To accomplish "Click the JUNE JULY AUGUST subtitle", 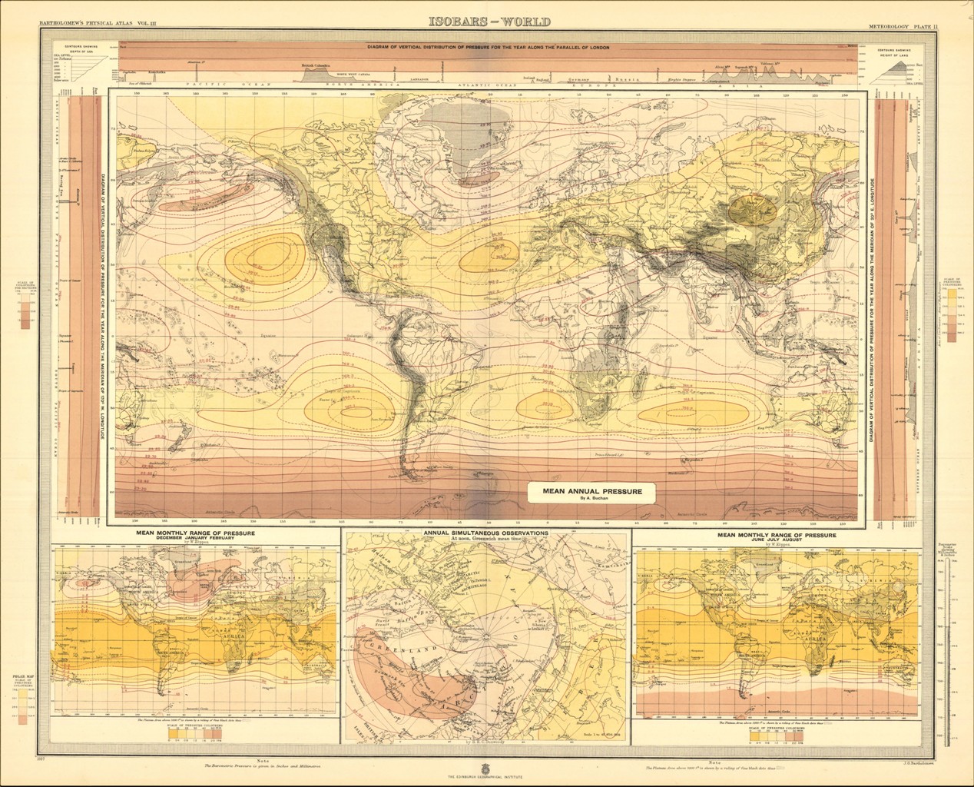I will (x=776, y=538).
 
